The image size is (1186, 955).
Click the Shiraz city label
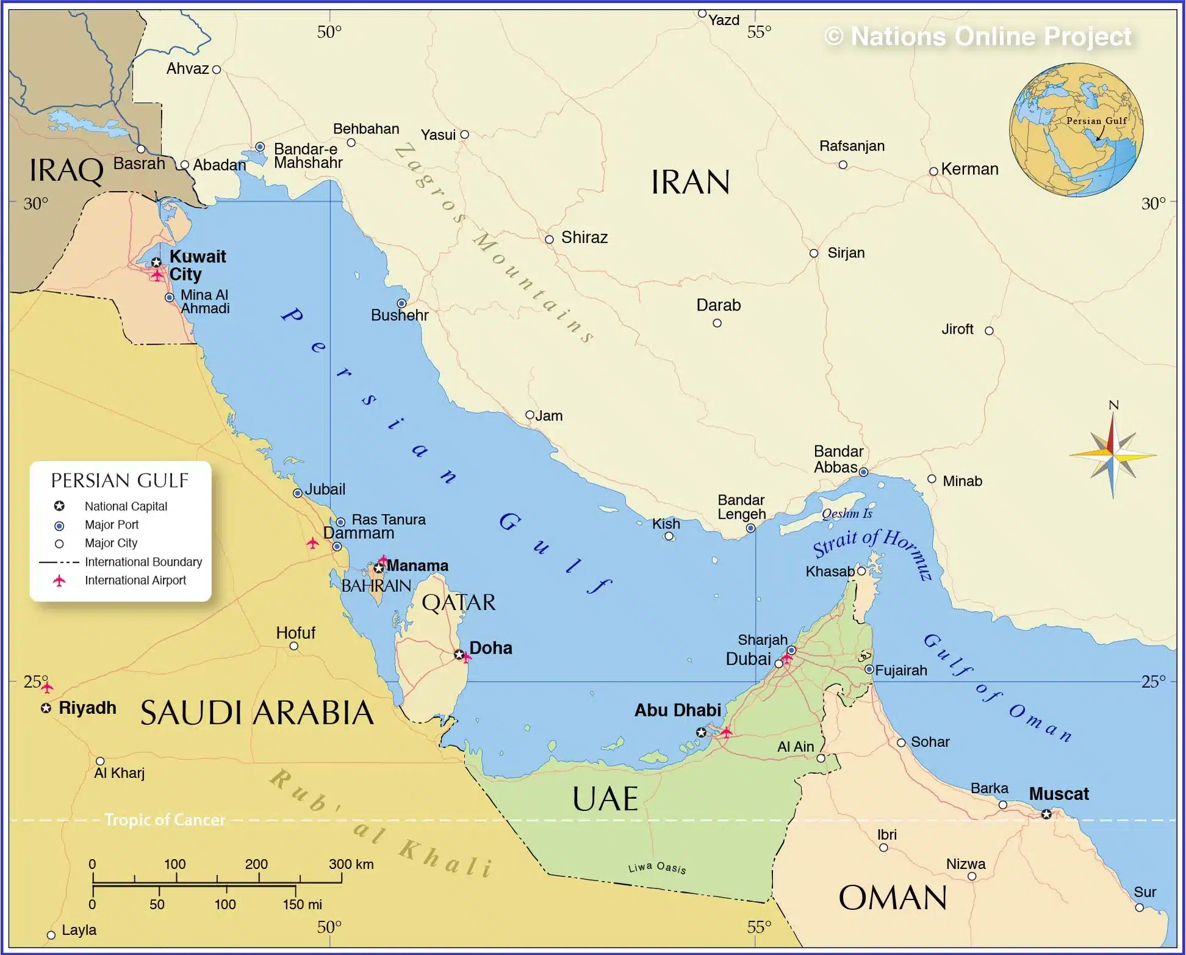(584, 237)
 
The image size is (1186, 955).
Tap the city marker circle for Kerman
(933, 171)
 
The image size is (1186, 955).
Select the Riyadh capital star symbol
(46, 708)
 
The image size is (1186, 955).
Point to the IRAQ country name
(66, 170)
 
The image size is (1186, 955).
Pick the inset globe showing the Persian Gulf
(1076, 129)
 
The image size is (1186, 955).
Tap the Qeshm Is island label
(847, 513)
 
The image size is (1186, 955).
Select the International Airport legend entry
(135, 580)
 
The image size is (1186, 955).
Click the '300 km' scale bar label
(351, 864)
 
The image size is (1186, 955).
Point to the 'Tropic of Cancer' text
(165, 820)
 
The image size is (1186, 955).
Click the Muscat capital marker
(1046, 814)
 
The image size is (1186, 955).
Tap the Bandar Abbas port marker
(863, 472)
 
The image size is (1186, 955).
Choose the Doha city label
(491, 648)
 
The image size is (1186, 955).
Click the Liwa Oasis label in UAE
(657, 867)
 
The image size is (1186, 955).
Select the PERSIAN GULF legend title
(120, 481)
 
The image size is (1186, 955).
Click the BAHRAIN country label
(376, 586)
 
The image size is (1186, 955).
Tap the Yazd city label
(724, 20)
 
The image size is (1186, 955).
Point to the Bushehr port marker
(401, 303)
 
